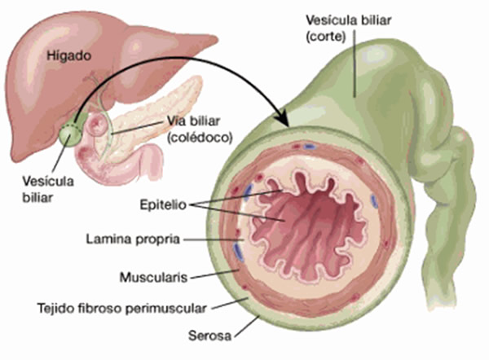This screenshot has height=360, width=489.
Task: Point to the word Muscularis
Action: tap(154, 277)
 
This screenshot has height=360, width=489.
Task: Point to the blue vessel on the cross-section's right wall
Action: tap(374, 199)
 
